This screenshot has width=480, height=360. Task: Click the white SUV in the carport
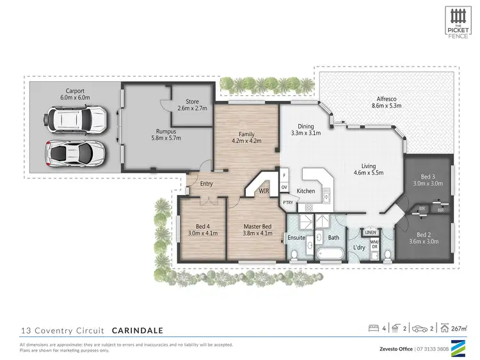click(x=76, y=119)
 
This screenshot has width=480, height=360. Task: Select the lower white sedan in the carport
click(x=72, y=152)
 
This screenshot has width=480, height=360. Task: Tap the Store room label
click(x=192, y=105)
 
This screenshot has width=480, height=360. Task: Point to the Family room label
click(x=246, y=137)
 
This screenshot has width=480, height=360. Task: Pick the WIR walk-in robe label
click(x=263, y=191)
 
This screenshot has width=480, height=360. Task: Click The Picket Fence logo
click(x=458, y=22)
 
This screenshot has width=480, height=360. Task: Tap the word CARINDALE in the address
click(x=138, y=331)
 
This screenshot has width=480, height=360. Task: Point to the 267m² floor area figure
click(x=458, y=329)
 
